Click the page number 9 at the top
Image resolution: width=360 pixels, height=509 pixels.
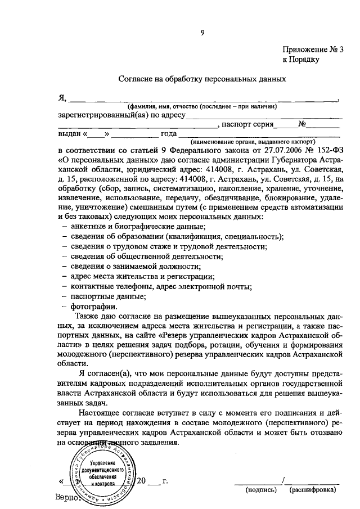[203, 32]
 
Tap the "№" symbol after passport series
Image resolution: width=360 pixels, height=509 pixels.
[301, 124]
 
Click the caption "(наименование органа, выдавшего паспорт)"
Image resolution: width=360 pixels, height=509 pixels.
[253, 142]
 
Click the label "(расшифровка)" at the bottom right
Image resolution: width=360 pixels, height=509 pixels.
[312, 490]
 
